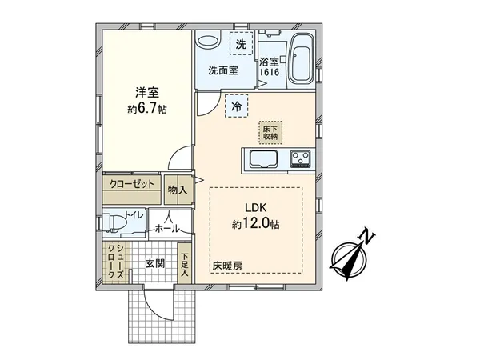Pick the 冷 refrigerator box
coord(237,105)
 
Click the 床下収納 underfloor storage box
coord(270,132)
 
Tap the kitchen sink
coord(261,158)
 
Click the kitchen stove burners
coord(302,158)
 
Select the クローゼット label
coord(132,184)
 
